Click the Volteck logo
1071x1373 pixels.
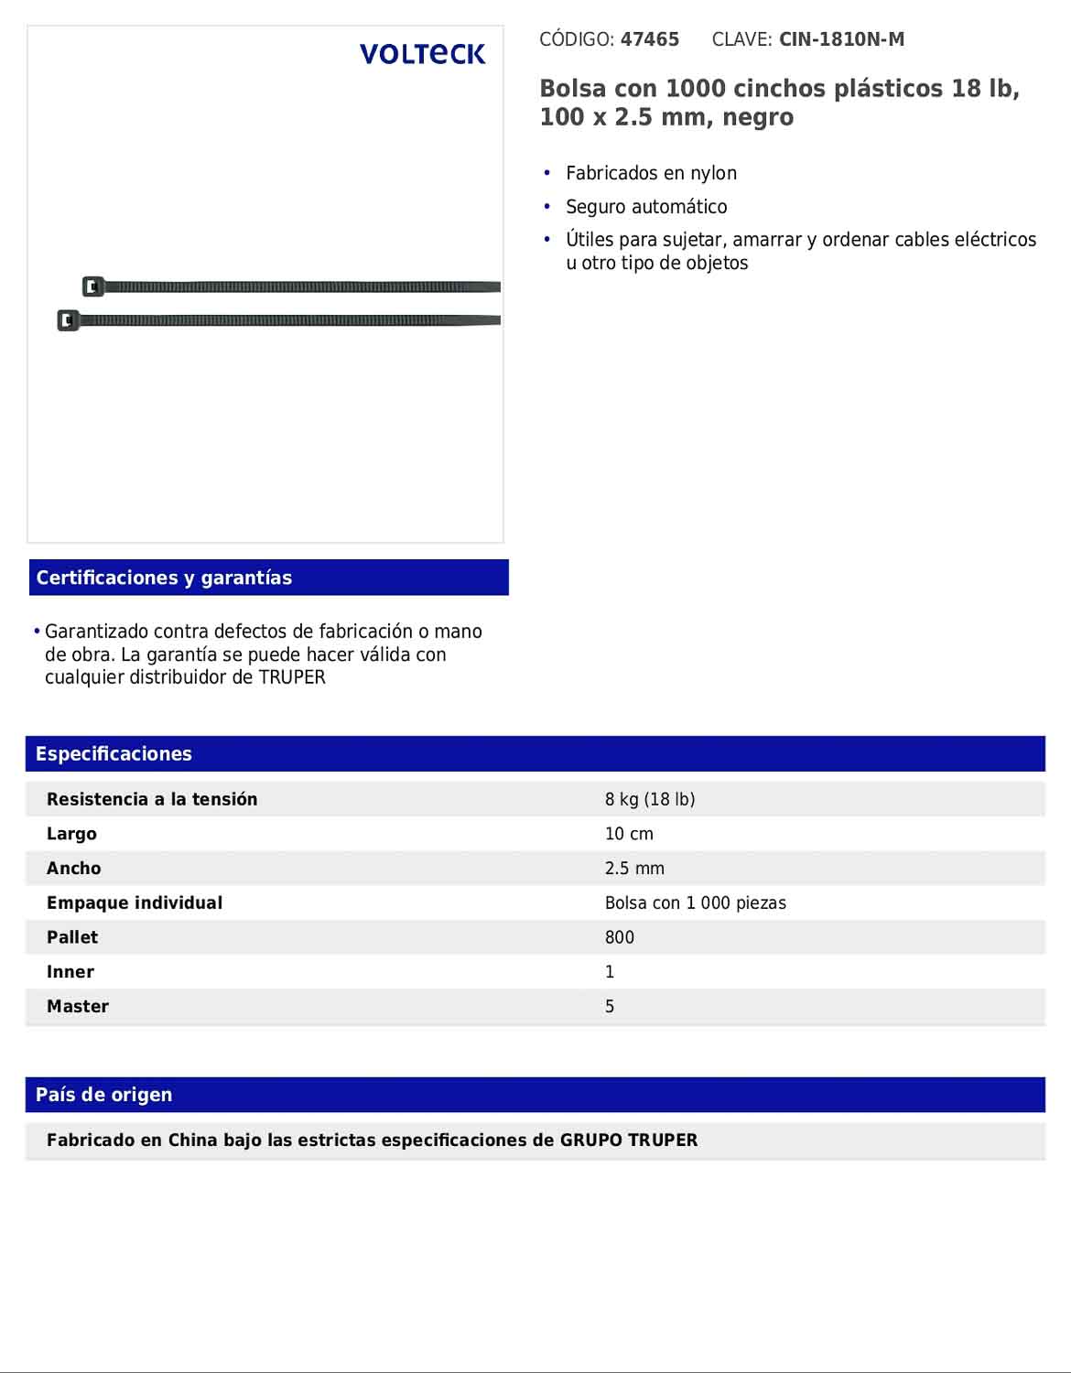[x=422, y=54]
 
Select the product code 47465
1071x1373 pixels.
[x=650, y=39]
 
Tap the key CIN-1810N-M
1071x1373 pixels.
[x=841, y=39]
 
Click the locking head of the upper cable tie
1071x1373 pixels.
[x=92, y=286]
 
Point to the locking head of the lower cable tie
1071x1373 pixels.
[x=68, y=320]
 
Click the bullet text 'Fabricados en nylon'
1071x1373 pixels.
[x=651, y=173]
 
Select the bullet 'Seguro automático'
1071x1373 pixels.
[x=646, y=207]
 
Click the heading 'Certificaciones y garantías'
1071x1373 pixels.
[x=164, y=578]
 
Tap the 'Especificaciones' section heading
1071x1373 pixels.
[x=114, y=753]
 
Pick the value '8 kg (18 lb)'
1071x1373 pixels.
[x=650, y=799]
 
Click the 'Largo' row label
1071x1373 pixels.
[x=71, y=834]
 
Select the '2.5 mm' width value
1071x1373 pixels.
[x=634, y=869]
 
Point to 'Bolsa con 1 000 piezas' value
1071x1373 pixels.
[x=695, y=903]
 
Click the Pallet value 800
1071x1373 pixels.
[x=619, y=937]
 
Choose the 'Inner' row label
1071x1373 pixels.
[x=70, y=972]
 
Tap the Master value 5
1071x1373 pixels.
[x=610, y=1007]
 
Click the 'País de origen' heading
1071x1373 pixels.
[x=103, y=1095]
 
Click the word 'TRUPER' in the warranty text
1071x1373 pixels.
[x=292, y=678]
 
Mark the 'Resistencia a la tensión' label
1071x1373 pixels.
[x=152, y=799]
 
